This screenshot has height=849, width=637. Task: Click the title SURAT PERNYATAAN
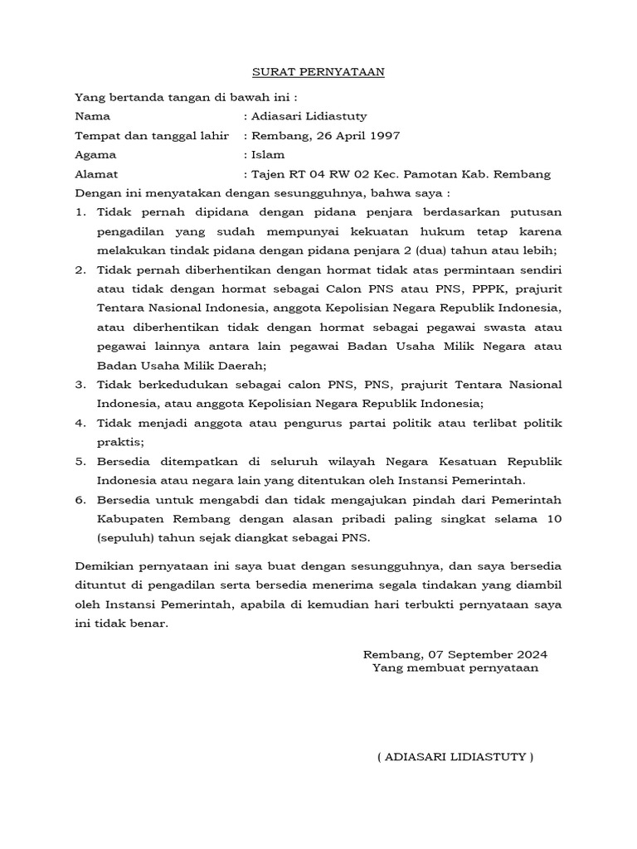tap(318, 72)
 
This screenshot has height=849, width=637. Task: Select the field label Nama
tap(92, 116)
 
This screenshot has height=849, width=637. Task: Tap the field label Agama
tap(95, 154)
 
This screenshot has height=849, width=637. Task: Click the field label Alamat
tap(96, 174)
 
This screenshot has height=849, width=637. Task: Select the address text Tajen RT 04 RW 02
tap(314, 174)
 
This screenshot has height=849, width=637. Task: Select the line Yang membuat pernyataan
tap(455, 668)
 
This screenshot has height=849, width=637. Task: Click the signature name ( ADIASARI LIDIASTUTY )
tap(455, 757)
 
